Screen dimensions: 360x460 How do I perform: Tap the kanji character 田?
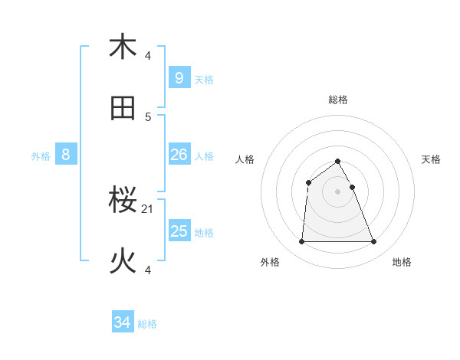123,109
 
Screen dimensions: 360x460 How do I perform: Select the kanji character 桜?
123,201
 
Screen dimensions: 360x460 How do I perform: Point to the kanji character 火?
123,262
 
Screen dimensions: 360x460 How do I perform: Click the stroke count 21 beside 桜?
148,208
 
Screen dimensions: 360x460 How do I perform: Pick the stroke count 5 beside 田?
148,116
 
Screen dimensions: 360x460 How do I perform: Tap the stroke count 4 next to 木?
148,55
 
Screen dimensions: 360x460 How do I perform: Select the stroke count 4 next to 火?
148,270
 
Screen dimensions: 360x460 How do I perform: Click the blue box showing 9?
179,77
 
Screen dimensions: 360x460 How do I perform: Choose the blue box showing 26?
179,155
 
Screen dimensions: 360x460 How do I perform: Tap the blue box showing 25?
179,231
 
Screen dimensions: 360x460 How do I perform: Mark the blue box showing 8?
66,155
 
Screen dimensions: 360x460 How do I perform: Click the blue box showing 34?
122,322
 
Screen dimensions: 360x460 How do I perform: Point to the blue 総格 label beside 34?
147,324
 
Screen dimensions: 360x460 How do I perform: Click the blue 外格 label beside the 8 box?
41,156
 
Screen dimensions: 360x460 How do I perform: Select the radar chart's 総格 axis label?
338,100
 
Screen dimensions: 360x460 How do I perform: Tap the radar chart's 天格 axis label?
432,159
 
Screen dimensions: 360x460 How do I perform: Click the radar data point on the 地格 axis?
373,242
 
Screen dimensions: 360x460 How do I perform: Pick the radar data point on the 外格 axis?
301,242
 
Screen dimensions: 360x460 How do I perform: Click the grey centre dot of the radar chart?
337,191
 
